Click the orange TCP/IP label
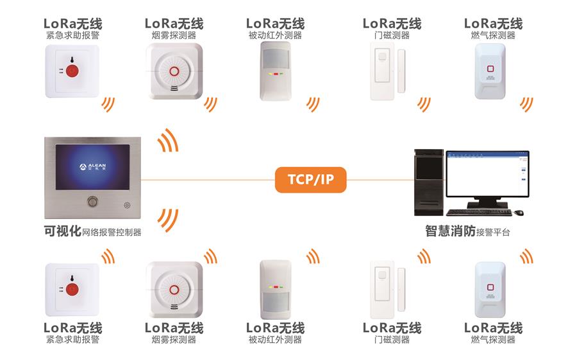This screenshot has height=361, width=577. point(310,179)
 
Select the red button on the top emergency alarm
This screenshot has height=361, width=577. point(72,69)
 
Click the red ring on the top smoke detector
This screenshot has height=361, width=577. point(174,71)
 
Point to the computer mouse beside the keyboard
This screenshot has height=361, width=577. point(519,213)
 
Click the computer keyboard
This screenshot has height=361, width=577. point(477,213)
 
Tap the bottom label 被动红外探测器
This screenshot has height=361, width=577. point(275,340)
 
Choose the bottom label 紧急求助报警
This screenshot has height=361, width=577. point(72,340)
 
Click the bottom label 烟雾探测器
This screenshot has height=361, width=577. point(174,340)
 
